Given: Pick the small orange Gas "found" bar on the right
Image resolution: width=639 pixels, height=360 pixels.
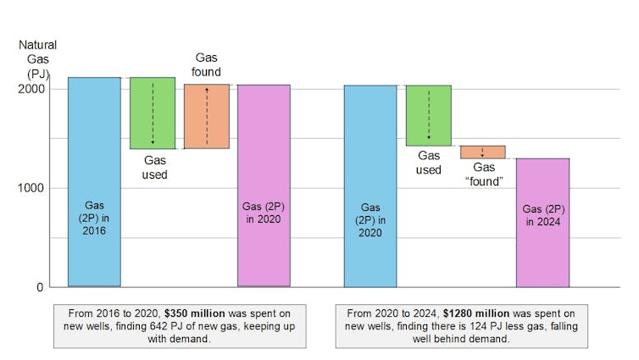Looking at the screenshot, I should [482, 152].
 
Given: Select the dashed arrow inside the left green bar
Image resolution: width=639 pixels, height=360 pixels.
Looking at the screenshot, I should [153, 113].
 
